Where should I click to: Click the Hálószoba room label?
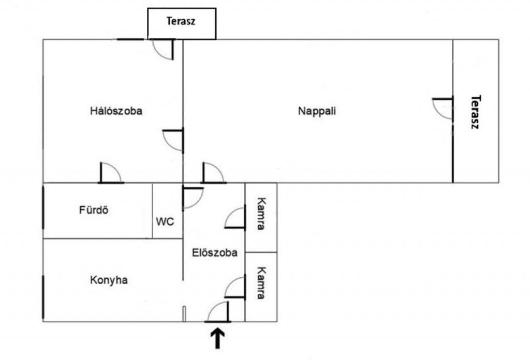116,111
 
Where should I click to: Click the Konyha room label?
109,280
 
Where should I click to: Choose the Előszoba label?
215,253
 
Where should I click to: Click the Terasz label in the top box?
181,21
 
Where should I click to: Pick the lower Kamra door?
235,288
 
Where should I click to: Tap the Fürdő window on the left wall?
43,207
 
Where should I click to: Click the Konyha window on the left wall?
43,297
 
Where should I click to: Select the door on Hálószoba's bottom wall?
110,173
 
